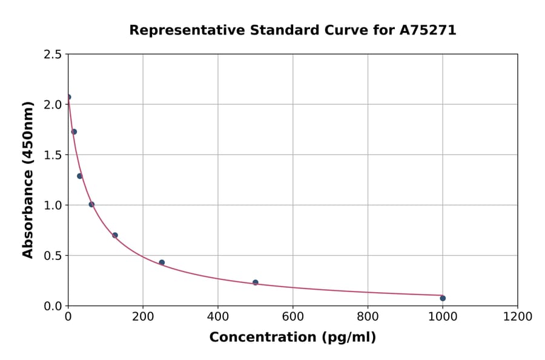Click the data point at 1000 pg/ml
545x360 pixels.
(x=443, y=298)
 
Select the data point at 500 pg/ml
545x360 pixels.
(x=256, y=282)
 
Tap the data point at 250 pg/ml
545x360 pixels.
(x=162, y=262)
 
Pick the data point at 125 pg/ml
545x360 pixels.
(x=115, y=235)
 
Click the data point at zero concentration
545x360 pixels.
(x=68, y=97)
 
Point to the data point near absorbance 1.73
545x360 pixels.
(x=74, y=132)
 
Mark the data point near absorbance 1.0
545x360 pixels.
(x=91, y=204)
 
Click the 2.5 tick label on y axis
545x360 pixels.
(x=52, y=55)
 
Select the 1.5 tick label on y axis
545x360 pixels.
(x=52, y=155)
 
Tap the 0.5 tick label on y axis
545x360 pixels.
(x=52, y=256)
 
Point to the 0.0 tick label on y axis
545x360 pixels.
(x=52, y=306)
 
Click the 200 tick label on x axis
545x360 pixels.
(x=143, y=316)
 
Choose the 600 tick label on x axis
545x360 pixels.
(x=293, y=316)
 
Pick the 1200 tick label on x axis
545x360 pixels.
(x=518, y=316)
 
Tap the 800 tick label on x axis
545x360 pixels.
(x=368, y=316)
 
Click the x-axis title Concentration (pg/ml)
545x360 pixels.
(x=292, y=338)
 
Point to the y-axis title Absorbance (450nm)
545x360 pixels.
(x=28, y=180)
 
